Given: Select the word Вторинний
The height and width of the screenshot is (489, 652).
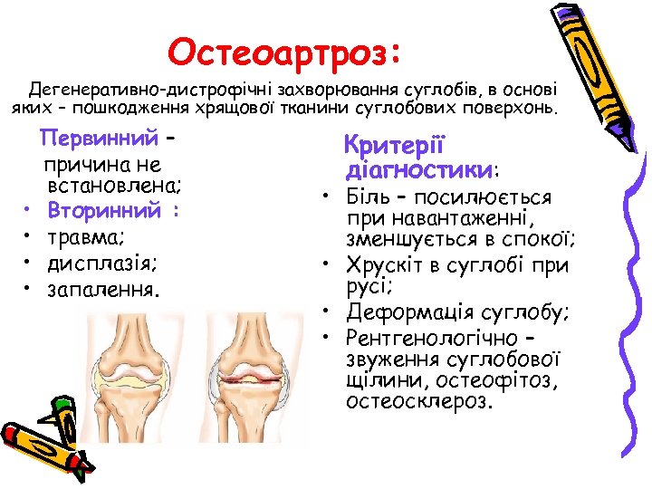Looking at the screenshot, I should click(x=102, y=211).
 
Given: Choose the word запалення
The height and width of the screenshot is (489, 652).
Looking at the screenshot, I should click(x=103, y=290).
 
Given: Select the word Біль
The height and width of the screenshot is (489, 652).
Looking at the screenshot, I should click(x=369, y=197).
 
